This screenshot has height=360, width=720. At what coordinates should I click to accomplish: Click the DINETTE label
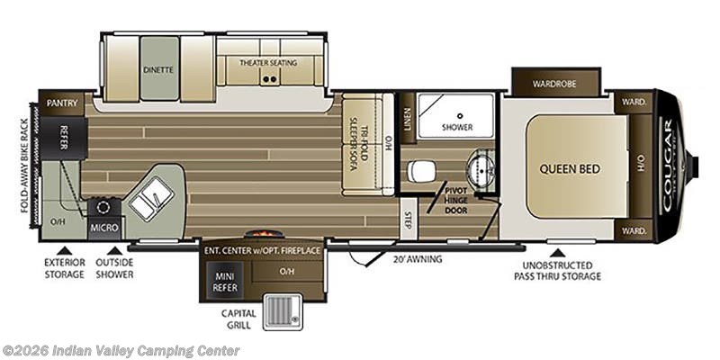pyautogui.click(x=158, y=68)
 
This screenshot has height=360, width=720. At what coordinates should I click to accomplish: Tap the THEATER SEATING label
pyautogui.click(x=268, y=63)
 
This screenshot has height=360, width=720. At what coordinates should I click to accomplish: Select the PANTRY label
pyautogui.click(x=61, y=103)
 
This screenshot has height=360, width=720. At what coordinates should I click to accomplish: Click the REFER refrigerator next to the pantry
pyautogui.click(x=65, y=137)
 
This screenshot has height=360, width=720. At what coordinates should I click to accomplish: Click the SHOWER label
pyautogui.click(x=457, y=127)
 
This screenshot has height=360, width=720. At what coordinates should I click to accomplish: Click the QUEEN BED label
pyautogui.click(x=570, y=168)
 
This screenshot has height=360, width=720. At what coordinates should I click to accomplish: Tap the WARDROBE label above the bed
pyautogui.click(x=554, y=85)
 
